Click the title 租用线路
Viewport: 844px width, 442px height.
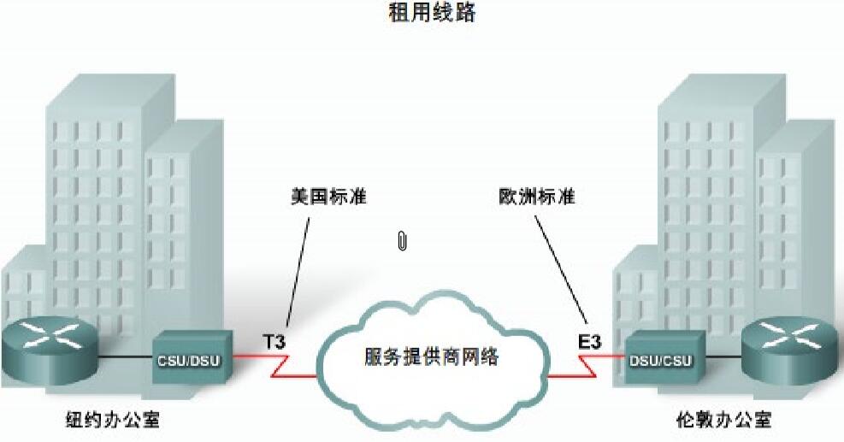422,15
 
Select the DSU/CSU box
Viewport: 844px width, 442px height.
658,358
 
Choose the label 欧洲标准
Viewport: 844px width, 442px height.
537,197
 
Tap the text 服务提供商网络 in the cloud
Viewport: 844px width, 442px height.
432,356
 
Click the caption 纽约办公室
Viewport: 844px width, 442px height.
112,420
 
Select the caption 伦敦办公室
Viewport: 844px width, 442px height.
723,420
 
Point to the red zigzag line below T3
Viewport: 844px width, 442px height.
282,368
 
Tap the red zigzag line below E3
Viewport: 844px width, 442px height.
586,368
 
